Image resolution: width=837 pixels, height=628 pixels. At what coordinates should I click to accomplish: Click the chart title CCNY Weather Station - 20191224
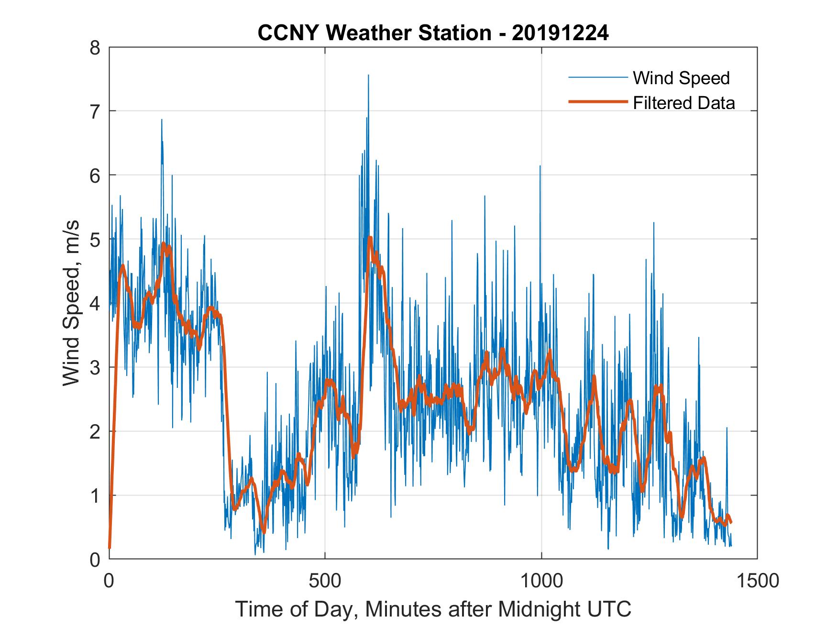433,33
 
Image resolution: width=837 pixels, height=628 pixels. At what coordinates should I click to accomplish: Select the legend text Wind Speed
681,78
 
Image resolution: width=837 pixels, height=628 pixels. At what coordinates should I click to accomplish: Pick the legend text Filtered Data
683,103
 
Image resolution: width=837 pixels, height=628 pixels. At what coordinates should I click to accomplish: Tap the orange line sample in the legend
597,102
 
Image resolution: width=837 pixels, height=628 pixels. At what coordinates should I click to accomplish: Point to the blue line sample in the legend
597,77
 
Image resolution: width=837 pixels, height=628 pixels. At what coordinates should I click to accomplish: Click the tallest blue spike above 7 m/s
368,76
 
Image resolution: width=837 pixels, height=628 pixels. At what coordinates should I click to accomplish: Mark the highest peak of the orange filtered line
370,238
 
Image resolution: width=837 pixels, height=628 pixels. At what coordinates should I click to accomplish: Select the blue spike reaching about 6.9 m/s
162,120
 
